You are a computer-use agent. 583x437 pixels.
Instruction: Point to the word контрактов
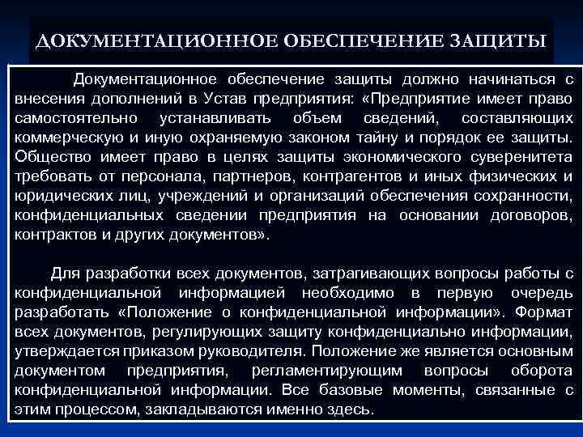(53, 235)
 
